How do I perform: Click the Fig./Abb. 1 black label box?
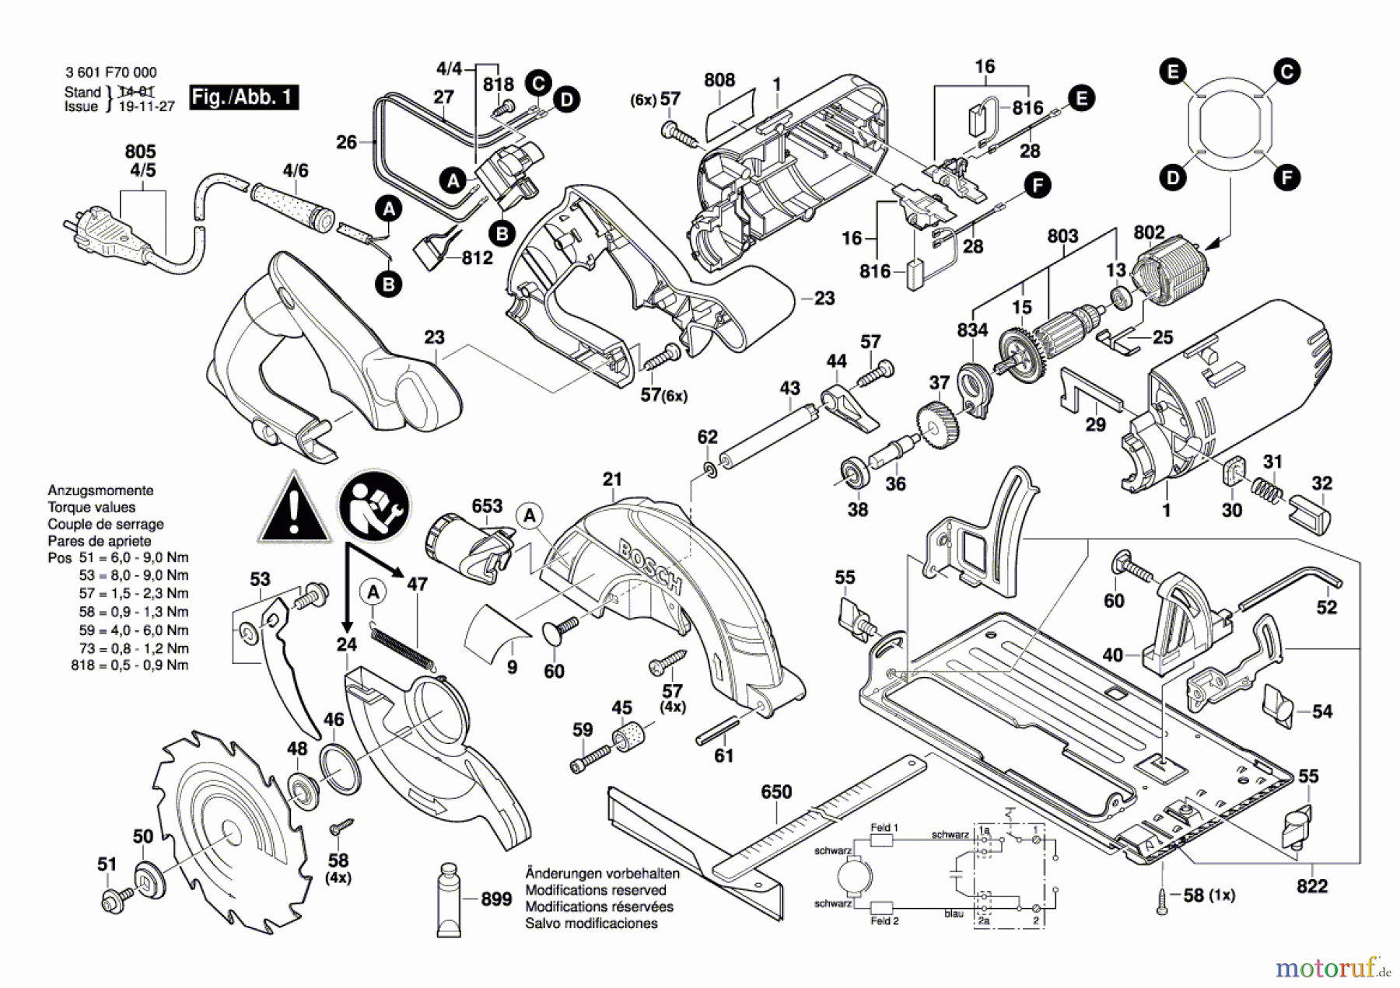[x=244, y=97]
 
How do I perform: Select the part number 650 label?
[x=775, y=792]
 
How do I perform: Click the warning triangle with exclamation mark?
[x=294, y=509]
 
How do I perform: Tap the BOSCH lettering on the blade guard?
[x=650, y=567]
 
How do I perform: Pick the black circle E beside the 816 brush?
[x=1080, y=98]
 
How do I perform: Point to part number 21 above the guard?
[x=612, y=480]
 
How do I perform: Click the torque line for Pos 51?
[x=118, y=558]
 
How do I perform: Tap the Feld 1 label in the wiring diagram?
[x=884, y=828]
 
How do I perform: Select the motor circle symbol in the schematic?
[x=855, y=878]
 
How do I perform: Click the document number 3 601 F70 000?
[x=110, y=72]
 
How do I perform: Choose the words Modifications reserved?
[x=595, y=890]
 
